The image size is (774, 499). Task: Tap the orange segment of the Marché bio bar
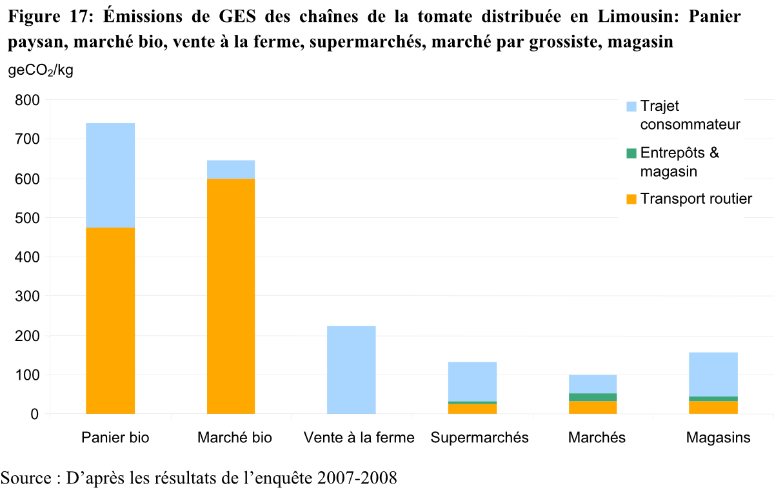pyautogui.click(x=231, y=296)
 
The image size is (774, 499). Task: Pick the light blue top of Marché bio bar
pyautogui.click(x=231, y=169)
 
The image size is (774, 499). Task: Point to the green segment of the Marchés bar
pyautogui.click(x=593, y=397)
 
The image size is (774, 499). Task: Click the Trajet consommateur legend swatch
pyautogui.click(x=631, y=106)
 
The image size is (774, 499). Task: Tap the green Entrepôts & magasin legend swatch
pyautogui.click(x=631, y=153)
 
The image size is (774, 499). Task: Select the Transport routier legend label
pyautogui.click(x=696, y=199)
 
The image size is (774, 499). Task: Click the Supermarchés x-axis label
pyautogui.click(x=479, y=438)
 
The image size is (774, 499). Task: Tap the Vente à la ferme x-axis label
pyautogui.click(x=359, y=438)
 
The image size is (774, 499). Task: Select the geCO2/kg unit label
pyautogui.click(x=41, y=71)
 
